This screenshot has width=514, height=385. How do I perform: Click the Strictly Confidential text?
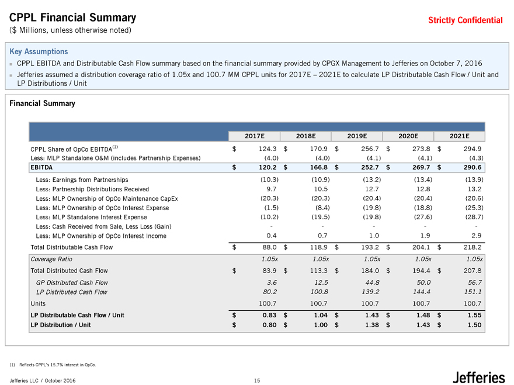(465, 20)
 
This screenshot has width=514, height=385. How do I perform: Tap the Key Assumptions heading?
(39, 51)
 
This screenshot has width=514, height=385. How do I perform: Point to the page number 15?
(256, 381)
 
